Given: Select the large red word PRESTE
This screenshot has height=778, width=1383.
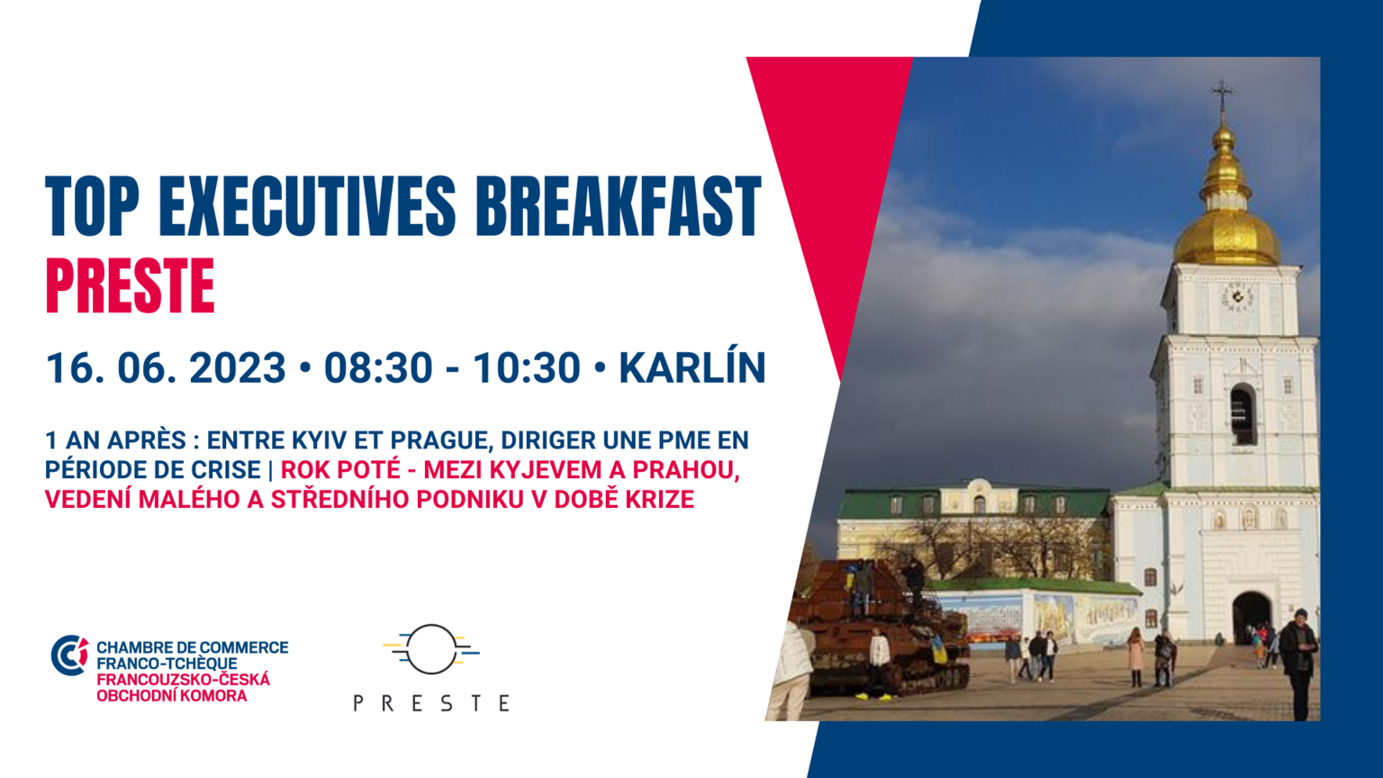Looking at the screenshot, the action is point(131,286).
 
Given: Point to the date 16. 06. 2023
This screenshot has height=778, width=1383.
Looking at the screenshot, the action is point(166,368).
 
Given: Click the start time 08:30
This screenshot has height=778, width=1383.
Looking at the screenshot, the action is point(378,368).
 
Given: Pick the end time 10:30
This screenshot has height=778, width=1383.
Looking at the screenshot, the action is point(527,368).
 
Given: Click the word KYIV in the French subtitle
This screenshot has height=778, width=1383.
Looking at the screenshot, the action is point(315,441).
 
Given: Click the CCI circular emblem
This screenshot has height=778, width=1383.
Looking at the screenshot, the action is point(69,656).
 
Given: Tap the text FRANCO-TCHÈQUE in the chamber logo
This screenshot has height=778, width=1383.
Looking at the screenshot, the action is point(167,664).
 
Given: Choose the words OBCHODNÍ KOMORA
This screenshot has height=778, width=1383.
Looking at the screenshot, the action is point(172,696).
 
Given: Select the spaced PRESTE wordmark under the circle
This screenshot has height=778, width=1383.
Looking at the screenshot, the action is point(431,703).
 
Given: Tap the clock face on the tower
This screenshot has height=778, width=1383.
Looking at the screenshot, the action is point(1237,298).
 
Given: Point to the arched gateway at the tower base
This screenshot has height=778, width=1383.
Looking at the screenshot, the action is point(1251,618).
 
